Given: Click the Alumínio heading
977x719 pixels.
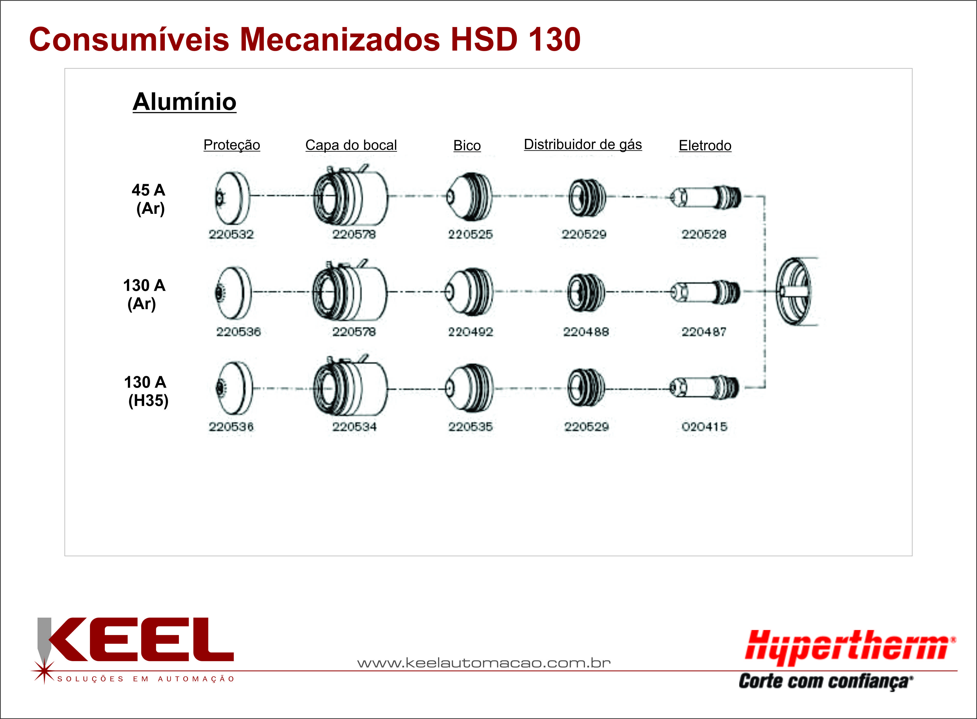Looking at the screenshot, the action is click(185, 102).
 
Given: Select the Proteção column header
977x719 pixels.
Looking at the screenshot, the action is click(232, 145).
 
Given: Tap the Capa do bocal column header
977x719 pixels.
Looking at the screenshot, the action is click(351, 145).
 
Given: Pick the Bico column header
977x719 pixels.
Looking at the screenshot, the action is click(467, 145).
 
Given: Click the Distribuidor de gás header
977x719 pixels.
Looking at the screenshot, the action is click(583, 144).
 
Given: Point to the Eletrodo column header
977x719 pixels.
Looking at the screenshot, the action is click(705, 145).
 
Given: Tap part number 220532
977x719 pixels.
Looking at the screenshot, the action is click(231, 234).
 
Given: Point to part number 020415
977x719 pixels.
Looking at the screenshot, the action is click(704, 427).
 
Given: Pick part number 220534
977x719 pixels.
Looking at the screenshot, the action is click(354, 427).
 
